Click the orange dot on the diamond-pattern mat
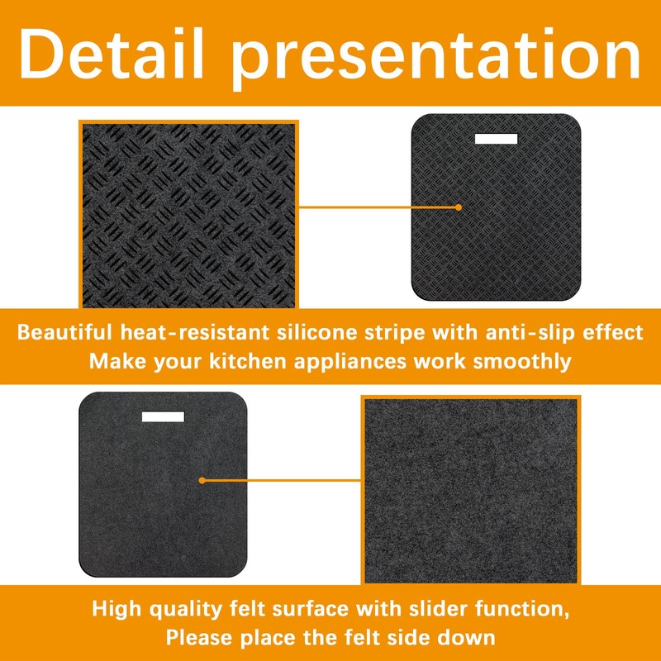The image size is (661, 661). tap(459, 208)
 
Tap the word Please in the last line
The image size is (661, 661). tap(202, 638)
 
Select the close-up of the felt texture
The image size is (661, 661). tap(471, 489)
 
